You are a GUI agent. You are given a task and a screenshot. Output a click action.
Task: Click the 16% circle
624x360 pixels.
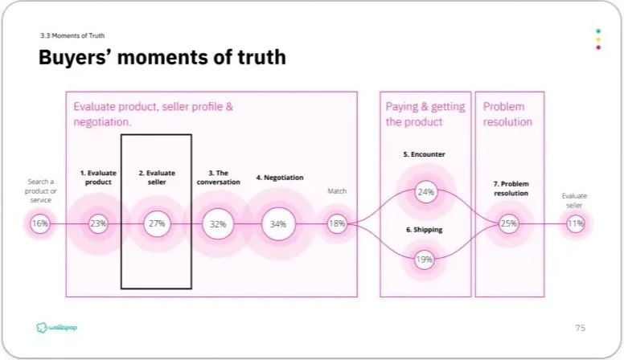39,223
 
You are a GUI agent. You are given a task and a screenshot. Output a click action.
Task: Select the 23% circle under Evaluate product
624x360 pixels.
98,223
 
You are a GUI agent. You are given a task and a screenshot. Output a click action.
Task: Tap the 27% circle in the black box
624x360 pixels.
156,223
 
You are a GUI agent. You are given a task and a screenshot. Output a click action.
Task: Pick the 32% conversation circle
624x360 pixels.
218,224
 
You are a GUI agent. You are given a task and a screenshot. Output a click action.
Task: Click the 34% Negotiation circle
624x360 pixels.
278,224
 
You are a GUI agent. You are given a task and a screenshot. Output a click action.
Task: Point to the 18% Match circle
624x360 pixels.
336,224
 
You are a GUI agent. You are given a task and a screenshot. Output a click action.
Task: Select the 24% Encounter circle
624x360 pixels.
425,192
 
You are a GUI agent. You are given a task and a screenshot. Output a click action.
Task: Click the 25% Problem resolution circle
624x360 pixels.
509,223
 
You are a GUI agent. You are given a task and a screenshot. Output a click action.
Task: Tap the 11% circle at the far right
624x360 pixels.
575,223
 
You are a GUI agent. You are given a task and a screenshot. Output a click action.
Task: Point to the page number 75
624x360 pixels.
580,328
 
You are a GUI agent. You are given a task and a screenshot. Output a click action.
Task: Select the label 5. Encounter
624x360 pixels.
425,153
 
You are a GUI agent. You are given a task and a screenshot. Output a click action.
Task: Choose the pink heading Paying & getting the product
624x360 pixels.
425,114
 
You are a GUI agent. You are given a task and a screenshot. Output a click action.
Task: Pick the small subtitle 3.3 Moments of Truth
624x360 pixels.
72,36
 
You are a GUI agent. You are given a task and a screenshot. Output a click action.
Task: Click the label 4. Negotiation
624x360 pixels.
278,178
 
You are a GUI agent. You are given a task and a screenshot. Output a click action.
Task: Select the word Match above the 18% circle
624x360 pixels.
336,191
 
